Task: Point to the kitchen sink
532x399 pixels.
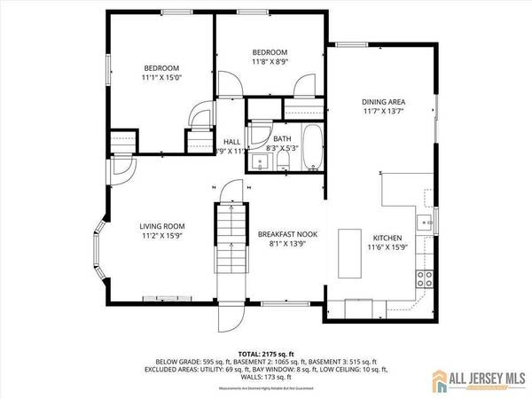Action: (426, 221)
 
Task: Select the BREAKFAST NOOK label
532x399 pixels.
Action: (281, 234)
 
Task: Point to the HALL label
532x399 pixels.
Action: (232, 141)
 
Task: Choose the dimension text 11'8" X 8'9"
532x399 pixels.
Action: (270, 62)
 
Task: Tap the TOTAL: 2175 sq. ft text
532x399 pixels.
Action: (265, 352)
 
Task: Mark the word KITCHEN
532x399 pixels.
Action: (387, 238)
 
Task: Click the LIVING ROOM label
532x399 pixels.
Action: (160, 227)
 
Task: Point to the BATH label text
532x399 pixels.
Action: (282, 138)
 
